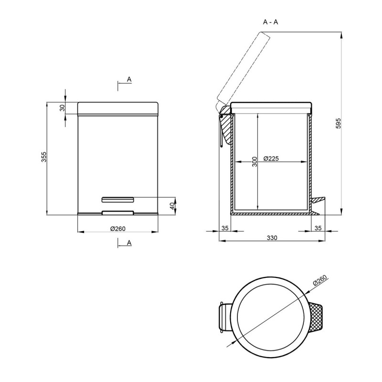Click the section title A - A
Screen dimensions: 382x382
[x=270, y=22]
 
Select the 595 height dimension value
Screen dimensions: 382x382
[x=339, y=123]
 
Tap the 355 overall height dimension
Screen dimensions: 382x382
[x=43, y=157]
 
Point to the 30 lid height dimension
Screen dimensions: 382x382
[x=63, y=108]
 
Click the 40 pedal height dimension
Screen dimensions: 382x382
[x=172, y=206]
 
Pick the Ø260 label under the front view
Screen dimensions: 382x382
[x=117, y=229]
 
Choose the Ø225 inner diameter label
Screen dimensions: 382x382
[x=271, y=159]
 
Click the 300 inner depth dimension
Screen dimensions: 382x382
[x=255, y=162]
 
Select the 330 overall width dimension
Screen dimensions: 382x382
[x=272, y=237]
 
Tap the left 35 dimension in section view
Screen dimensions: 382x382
[x=225, y=228]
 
